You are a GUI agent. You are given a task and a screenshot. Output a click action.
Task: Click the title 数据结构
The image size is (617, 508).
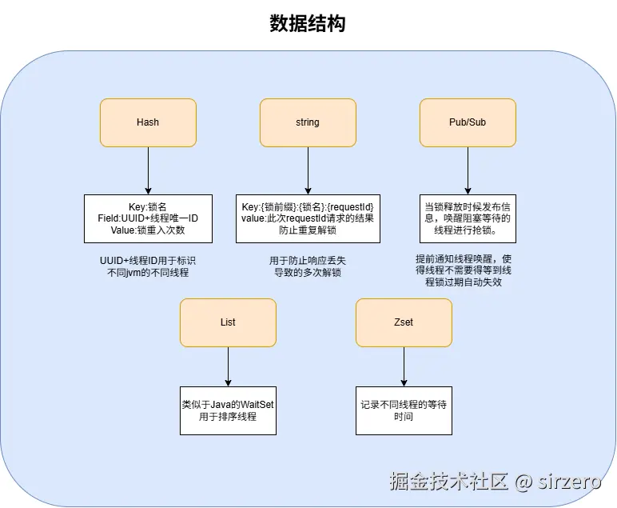point(308,24)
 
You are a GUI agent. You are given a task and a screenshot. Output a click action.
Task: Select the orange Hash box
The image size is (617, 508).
point(148,122)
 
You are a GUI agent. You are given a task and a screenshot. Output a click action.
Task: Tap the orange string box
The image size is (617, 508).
point(308,122)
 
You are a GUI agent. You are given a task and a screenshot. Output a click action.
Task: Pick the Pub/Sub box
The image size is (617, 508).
point(468,122)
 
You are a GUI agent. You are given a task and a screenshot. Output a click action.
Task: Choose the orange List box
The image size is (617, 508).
point(228,322)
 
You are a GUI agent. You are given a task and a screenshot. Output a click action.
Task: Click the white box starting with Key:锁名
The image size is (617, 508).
point(148,218)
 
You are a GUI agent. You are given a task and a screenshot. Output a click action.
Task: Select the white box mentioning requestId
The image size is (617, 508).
point(308,218)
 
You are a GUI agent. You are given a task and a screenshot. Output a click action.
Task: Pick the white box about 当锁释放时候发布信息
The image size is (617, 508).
point(468,218)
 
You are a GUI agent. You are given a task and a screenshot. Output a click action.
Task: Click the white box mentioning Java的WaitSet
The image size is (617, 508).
point(228,410)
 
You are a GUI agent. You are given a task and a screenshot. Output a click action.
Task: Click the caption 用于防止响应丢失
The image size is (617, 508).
point(308,266)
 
